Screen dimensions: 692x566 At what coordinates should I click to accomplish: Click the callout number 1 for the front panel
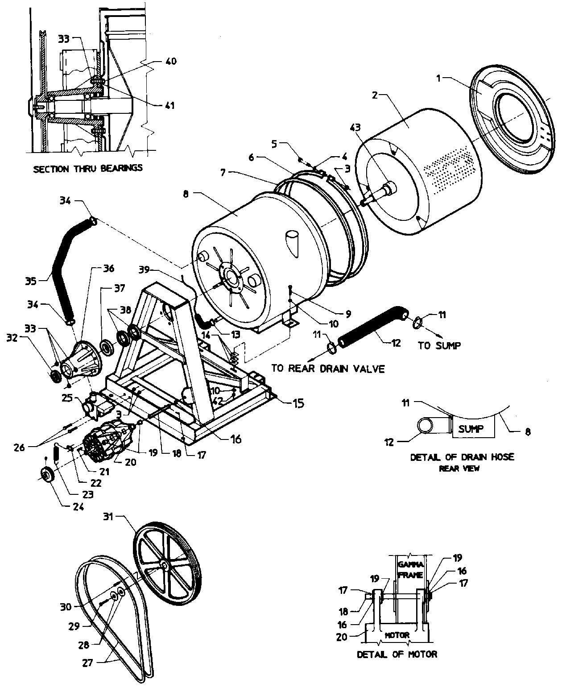coord(438,78)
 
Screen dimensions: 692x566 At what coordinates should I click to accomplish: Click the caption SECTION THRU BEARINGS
coord(88,168)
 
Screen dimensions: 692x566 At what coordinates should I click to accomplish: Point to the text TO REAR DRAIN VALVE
coord(327,369)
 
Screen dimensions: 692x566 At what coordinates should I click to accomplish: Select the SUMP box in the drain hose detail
coord(471,430)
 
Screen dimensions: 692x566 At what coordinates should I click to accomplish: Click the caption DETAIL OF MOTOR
coord(397,654)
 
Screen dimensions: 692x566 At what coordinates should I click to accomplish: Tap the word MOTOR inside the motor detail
coord(397,635)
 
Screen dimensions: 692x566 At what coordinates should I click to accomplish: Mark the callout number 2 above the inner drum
coord(375,95)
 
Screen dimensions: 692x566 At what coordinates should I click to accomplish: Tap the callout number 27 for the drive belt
coord(87,663)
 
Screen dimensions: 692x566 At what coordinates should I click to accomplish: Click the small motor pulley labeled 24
coord(47,476)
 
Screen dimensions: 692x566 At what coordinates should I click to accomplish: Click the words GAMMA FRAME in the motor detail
coord(410,570)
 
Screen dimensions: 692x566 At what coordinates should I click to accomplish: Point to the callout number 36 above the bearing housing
coord(108,268)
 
